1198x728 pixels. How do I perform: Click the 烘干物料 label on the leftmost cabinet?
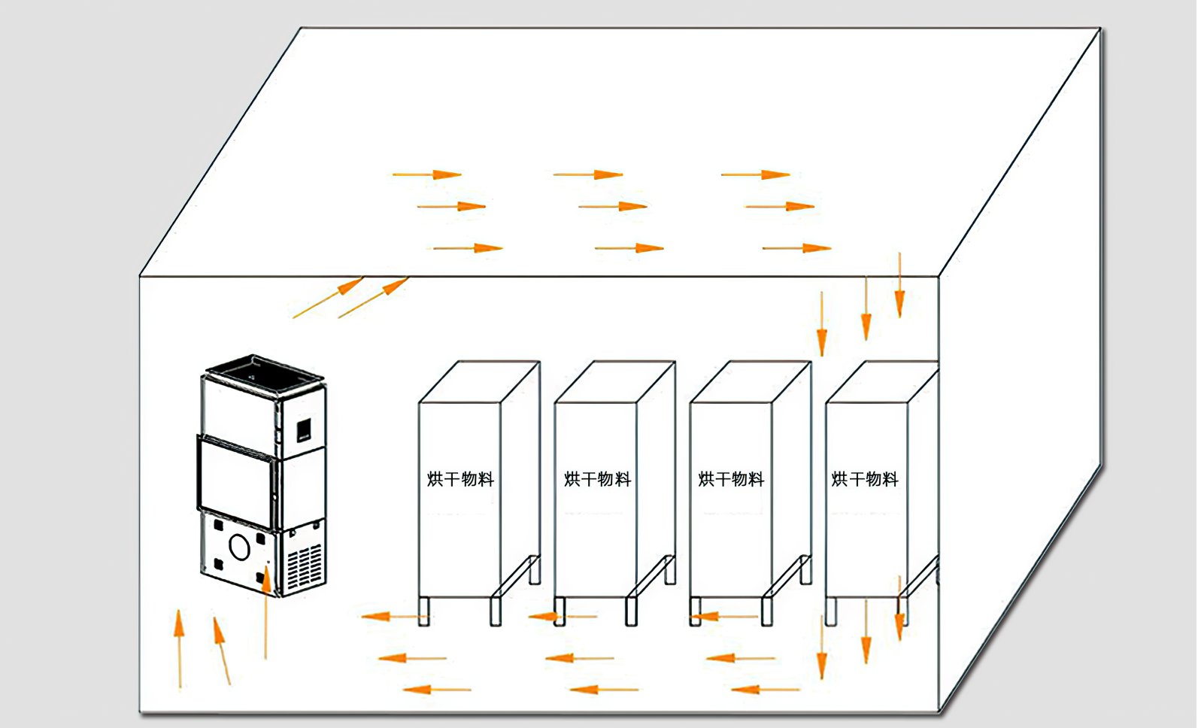tap(460, 479)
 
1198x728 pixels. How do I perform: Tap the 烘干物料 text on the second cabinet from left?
tap(598, 479)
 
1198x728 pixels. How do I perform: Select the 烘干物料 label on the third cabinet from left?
tap(731, 479)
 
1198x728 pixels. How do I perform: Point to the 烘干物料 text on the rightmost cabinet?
tap(865, 479)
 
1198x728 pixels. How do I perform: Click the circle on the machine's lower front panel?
tap(239, 547)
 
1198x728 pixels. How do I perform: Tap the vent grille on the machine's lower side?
tap(305, 567)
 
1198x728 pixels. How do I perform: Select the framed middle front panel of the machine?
tap(235, 481)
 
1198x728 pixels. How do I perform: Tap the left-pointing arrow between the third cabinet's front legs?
tap(722, 617)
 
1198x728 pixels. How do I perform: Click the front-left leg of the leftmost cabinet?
tap(423, 611)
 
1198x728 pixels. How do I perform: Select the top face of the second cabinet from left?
tap(614, 381)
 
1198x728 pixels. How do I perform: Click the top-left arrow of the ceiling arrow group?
tap(426, 174)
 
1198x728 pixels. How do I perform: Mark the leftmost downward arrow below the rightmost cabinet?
tap(821, 647)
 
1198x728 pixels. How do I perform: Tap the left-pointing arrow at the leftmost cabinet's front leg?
tap(395, 617)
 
